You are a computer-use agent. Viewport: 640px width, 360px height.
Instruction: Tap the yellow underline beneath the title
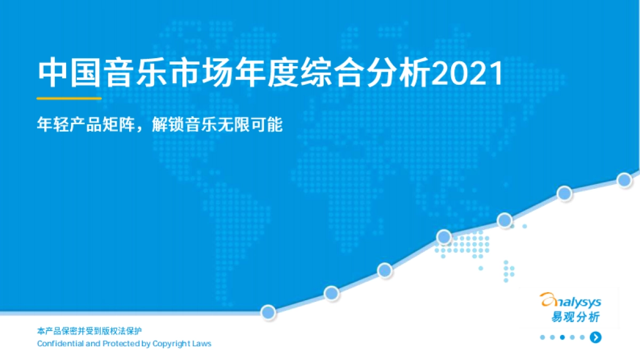[69, 98]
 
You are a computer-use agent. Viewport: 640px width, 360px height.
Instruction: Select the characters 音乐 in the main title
[134, 74]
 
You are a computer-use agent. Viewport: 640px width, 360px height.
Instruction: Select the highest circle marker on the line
[625, 180]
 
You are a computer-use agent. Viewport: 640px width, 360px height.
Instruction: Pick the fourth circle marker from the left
[444, 237]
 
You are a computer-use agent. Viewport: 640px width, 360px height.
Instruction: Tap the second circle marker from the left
[331, 293]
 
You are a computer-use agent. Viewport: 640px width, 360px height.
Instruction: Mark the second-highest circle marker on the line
[565, 193]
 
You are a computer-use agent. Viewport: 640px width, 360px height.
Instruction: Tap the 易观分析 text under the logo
[575, 317]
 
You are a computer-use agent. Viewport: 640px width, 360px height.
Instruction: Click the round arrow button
[596, 337]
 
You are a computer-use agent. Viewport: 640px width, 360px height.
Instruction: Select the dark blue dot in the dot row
[562, 337]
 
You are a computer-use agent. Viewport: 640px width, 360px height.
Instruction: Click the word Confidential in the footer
[60, 343]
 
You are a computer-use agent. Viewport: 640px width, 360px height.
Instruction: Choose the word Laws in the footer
[203, 343]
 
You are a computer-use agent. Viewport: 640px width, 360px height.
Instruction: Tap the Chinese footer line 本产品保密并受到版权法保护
[90, 331]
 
